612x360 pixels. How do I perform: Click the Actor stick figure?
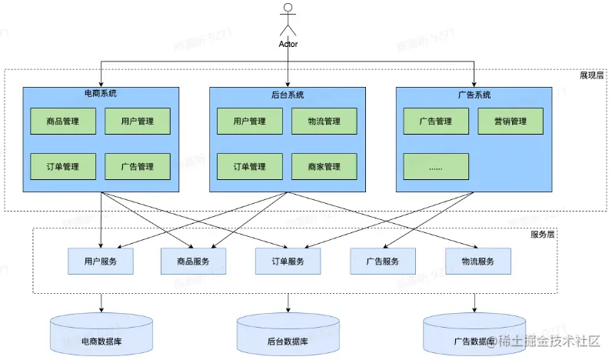(x=288, y=19)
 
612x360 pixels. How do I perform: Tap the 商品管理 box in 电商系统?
(x=63, y=122)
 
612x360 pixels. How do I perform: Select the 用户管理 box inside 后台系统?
(x=250, y=122)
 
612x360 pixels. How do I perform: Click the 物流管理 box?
(x=324, y=122)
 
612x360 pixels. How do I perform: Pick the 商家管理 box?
(x=324, y=167)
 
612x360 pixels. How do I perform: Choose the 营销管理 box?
(x=511, y=122)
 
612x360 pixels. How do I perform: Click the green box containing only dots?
(x=436, y=167)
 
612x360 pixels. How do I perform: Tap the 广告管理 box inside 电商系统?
(x=138, y=167)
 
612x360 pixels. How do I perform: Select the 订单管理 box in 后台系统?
(x=250, y=167)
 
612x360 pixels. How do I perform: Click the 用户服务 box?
(x=101, y=262)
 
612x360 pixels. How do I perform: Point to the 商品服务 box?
(x=194, y=262)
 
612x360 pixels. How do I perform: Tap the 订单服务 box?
(x=288, y=262)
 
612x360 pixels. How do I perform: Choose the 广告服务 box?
(x=383, y=262)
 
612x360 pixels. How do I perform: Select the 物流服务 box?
(x=478, y=262)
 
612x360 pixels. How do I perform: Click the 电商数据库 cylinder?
(x=101, y=335)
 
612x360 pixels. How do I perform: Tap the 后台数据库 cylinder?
(x=288, y=335)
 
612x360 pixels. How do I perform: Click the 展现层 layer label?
(x=592, y=75)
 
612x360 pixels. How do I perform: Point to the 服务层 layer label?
(x=543, y=235)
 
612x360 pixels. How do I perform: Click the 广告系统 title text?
(x=474, y=95)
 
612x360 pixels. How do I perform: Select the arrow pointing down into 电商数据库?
(x=101, y=303)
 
